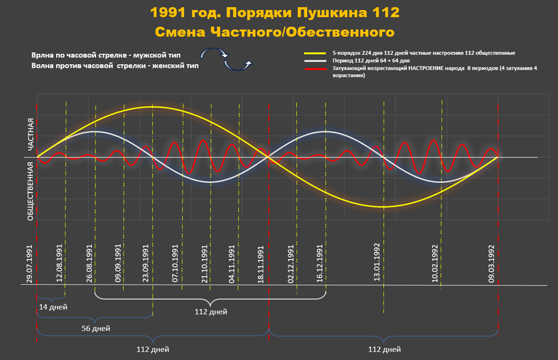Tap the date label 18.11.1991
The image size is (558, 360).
coord(261,264)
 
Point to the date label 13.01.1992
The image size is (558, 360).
coord(377,264)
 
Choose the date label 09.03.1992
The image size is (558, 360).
coord(492,264)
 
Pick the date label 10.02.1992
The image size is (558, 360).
coord(435,264)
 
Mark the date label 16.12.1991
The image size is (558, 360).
coord(320,264)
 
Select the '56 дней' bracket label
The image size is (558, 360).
coord(96,328)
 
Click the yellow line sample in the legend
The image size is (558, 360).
coord(314,53)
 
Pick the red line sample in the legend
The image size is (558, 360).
coord(314,68)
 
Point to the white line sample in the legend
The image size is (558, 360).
coord(314,60)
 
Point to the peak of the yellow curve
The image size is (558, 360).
coord(152,107)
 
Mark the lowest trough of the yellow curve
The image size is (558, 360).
coord(383,206)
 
